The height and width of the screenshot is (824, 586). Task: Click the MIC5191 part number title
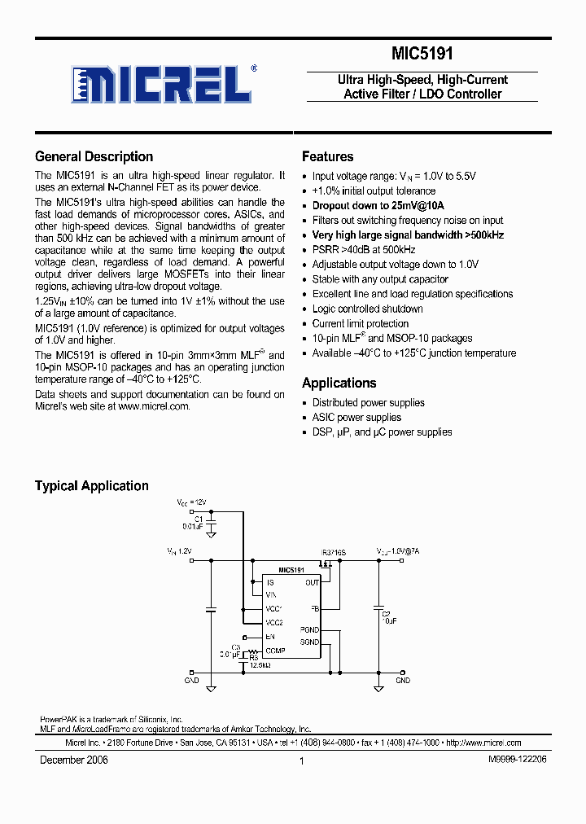click(422, 55)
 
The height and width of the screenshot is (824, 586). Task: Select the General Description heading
click(94, 157)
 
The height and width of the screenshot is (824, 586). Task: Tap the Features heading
click(327, 157)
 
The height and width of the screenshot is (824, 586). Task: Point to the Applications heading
click(339, 384)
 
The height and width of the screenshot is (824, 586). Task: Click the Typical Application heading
click(91, 486)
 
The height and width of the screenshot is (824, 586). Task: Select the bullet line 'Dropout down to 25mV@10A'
click(378, 206)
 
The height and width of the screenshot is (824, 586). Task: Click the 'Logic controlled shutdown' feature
click(367, 309)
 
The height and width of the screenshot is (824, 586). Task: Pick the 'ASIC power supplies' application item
click(356, 418)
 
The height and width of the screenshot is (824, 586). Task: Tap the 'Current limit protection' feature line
click(360, 323)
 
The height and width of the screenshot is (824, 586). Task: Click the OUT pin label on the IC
click(312, 582)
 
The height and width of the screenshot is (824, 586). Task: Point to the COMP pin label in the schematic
click(275, 651)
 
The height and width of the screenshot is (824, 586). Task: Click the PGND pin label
click(309, 629)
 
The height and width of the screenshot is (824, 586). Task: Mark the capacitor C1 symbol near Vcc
click(211, 523)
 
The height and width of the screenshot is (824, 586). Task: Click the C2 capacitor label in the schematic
click(386, 613)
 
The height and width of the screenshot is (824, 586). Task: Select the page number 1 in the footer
click(301, 760)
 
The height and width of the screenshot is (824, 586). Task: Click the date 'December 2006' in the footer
click(73, 760)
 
